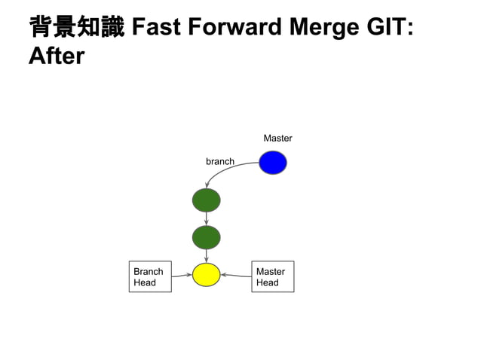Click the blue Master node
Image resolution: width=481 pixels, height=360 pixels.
pyautogui.click(x=272, y=162)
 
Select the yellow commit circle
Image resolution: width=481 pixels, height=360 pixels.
pyautogui.click(x=206, y=275)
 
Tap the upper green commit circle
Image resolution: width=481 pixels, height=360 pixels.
pyautogui.click(x=206, y=200)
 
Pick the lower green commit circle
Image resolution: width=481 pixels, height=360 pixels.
pyautogui.click(x=206, y=237)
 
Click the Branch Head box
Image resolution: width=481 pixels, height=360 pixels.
pyautogui.click(x=149, y=276)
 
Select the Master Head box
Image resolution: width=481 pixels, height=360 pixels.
pyautogui.click(x=272, y=276)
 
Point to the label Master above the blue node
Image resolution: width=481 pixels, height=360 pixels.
pyautogui.click(x=277, y=139)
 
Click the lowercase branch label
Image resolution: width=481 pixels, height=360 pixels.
pyautogui.click(x=219, y=161)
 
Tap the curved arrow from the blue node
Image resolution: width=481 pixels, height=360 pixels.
pyautogui.click(x=226, y=169)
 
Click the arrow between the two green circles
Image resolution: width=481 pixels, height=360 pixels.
pyautogui.click(x=206, y=218)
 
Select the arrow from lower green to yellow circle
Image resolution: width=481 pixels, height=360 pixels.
pyautogui.click(x=206, y=256)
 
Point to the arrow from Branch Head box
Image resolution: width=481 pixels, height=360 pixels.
pyautogui.click(x=181, y=276)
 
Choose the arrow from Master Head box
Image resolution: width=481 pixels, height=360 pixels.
pyautogui.click(x=235, y=276)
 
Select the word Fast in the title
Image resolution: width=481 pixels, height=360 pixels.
pyautogui.click(x=155, y=28)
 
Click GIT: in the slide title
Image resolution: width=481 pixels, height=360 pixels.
pyautogui.click(x=391, y=28)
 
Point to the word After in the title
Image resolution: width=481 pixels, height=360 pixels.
pyautogui.click(x=57, y=56)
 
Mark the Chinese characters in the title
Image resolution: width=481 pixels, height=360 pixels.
pyautogui.click(x=76, y=28)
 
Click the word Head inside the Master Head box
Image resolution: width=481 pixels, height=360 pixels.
pyautogui.click(x=267, y=283)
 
